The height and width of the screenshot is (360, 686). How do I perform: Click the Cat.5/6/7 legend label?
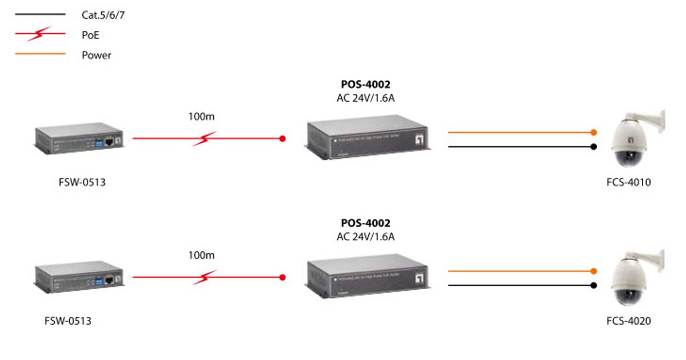(x=103, y=15)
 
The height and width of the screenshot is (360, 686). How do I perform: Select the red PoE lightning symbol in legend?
(x=39, y=34)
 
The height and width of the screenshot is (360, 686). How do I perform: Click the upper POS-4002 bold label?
(x=365, y=85)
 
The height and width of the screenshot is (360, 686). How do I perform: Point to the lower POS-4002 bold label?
(x=365, y=223)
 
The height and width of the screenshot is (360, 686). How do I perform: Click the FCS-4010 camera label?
(x=628, y=183)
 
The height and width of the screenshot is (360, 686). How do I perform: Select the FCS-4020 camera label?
(x=628, y=321)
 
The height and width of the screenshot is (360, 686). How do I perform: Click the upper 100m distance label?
(x=201, y=117)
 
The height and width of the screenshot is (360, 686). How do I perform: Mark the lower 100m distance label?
(x=201, y=255)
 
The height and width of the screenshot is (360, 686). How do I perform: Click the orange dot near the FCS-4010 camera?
(x=594, y=133)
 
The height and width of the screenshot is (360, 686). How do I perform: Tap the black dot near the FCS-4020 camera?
(x=594, y=285)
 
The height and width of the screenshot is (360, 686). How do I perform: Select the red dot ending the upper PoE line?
(x=282, y=138)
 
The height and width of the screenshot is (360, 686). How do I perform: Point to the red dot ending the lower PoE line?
(x=282, y=277)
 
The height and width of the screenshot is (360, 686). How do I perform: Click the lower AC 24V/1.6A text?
(x=365, y=236)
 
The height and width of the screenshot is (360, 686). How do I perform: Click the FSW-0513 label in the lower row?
(x=67, y=321)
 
